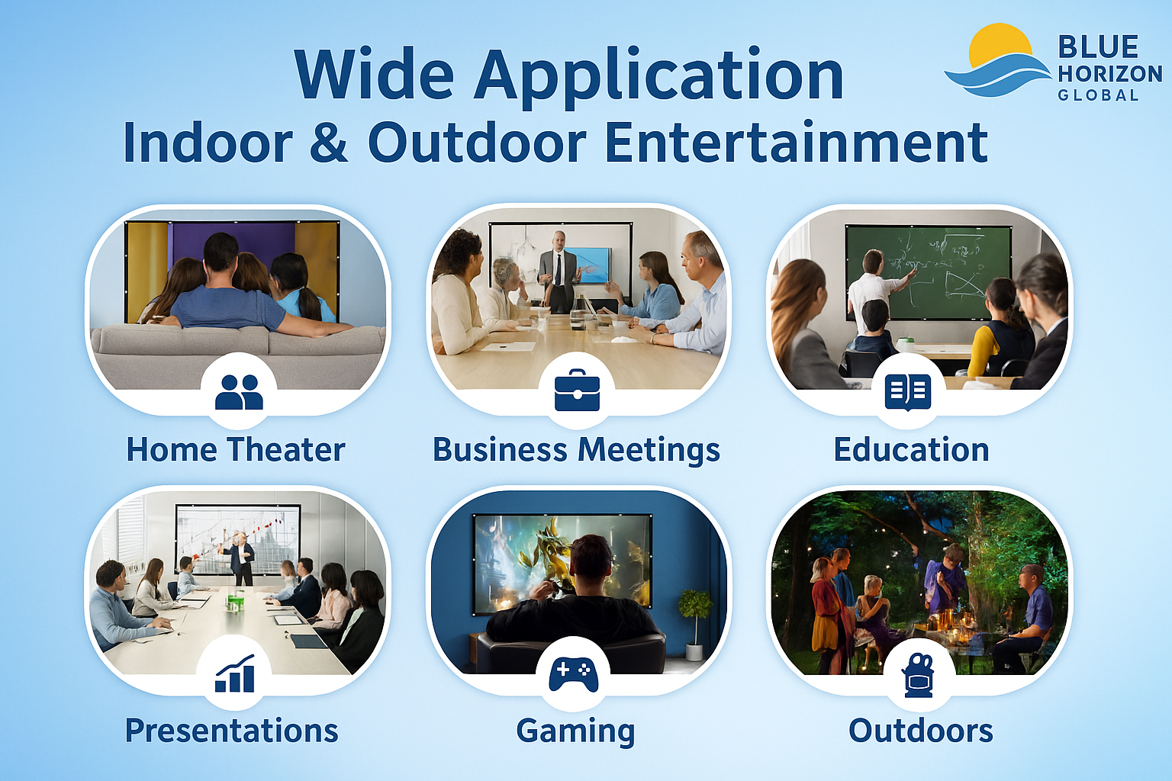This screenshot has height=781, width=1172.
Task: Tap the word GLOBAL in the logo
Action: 1098,95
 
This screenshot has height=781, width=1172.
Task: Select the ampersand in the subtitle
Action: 329,143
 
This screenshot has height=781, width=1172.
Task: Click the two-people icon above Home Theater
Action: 239,392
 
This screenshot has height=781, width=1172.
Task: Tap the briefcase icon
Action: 577,390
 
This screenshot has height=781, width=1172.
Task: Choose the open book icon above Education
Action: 908,392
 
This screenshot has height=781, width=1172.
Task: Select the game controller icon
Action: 574,673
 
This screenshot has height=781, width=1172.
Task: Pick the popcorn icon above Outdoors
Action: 919,675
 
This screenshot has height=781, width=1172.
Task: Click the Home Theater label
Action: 236,450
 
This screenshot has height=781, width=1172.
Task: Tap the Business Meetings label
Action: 576,450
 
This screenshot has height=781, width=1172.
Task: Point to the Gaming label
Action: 575,731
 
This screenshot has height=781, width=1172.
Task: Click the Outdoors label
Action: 920,731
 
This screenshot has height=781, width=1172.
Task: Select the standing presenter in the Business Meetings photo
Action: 559,271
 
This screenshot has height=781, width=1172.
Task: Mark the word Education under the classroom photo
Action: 911,450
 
